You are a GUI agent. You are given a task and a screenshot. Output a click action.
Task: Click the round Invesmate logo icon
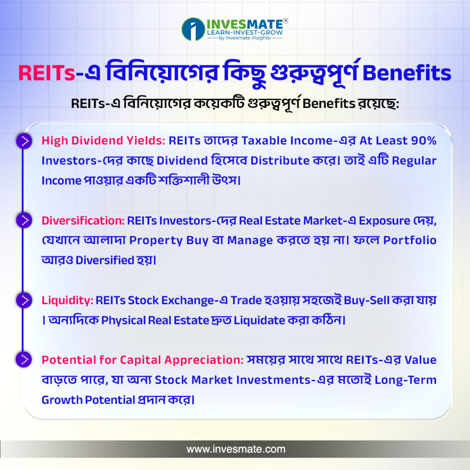point(193,29)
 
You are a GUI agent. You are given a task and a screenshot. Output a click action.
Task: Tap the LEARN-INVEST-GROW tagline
point(245,33)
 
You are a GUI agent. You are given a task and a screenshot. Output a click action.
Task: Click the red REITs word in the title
point(46,73)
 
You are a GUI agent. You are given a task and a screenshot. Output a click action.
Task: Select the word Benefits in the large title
point(407,73)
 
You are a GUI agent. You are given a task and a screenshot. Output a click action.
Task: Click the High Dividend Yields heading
point(103,140)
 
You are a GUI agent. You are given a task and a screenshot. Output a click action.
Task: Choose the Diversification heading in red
point(83,221)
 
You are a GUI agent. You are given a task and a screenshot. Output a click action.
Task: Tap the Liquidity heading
point(67,300)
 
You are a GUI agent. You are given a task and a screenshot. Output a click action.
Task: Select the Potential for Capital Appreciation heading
point(143,360)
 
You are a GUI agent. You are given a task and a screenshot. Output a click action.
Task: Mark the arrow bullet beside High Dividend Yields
point(24,140)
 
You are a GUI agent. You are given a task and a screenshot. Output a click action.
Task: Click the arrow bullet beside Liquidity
point(24,300)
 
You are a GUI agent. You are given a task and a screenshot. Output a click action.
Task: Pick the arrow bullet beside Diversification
point(24,220)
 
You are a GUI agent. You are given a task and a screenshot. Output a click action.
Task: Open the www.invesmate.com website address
point(236,449)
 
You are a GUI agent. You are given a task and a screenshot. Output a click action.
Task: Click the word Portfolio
point(410,240)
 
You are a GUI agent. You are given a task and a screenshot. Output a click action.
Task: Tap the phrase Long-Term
point(406,380)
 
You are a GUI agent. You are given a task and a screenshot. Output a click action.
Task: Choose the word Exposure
point(384,221)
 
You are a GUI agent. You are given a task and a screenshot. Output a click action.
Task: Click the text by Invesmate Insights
point(245,38)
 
